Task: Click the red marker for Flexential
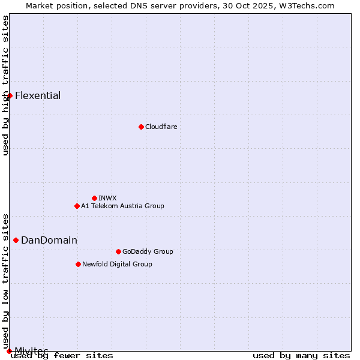(10, 95)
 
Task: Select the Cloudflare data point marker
(141, 127)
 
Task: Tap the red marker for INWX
(94, 198)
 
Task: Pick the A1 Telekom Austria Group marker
(77, 206)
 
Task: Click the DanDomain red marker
(16, 240)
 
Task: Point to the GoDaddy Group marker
(118, 251)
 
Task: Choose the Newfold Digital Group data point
(78, 264)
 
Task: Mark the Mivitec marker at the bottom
(9, 350)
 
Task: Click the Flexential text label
(38, 95)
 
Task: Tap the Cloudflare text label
(161, 127)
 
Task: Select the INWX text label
(107, 198)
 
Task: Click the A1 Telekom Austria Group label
(122, 206)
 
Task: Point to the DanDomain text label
(49, 240)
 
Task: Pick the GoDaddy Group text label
(148, 251)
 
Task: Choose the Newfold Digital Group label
(117, 264)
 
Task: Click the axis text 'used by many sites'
(301, 355)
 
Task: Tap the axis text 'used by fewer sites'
(62, 355)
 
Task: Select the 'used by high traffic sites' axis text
(5, 85)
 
